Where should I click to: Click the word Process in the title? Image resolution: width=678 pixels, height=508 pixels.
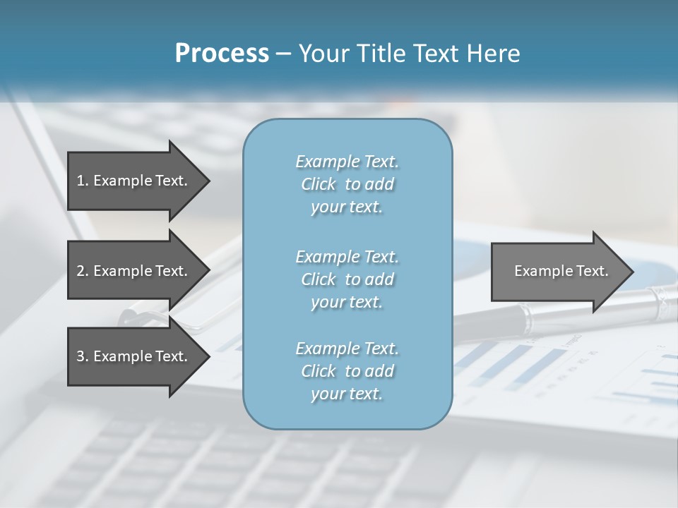click(222, 54)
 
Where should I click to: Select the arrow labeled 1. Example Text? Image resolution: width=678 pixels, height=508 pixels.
click(134, 181)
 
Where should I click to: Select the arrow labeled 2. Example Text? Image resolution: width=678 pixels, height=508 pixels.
click(134, 271)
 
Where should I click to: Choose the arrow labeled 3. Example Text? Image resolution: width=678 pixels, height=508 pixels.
click(134, 356)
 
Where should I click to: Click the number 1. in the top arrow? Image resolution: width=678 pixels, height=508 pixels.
click(83, 181)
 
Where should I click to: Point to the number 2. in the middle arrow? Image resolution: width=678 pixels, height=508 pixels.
click(83, 271)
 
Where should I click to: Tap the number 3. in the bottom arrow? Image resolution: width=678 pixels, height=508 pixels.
click(83, 356)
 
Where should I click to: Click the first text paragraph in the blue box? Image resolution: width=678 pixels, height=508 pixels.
click(347, 184)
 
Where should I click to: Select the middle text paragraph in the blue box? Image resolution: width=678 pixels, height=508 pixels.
click(347, 279)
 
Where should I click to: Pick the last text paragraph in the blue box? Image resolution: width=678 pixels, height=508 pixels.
click(347, 371)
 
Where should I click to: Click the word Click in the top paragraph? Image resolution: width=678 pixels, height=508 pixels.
click(319, 184)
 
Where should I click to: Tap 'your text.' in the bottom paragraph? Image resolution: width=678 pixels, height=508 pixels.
click(347, 394)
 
